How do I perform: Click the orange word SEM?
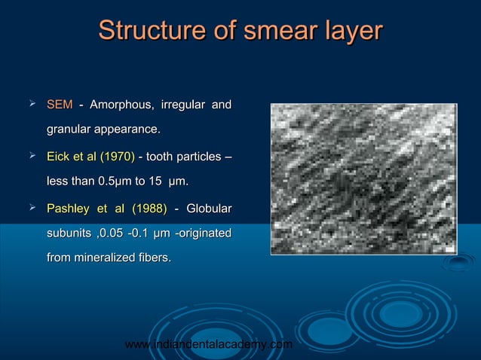pos(60,103)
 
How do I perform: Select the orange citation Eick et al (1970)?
pos(90,156)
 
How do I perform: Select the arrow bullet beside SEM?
pos(32,102)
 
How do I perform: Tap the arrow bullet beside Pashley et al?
pos(32,207)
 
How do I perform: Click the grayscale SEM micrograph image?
pos(363,178)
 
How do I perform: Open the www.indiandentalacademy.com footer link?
pos(208,344)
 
